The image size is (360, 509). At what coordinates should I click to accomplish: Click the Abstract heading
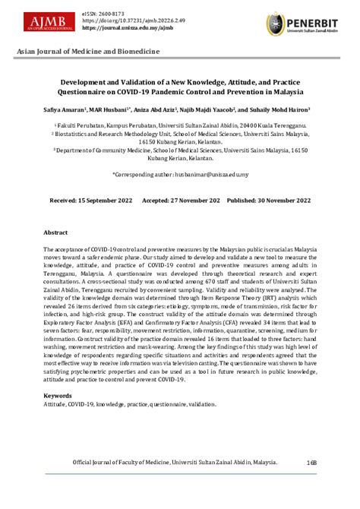pyautogui.click(x=55, y=232)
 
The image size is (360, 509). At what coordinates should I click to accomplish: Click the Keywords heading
pyautogui.click(x=58, y=396)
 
